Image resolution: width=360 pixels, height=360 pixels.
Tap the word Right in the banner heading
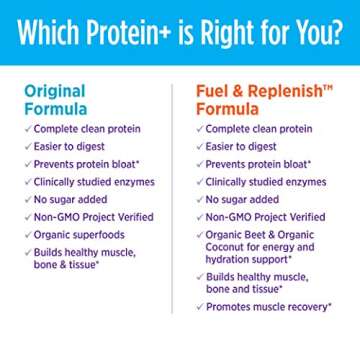pos(226,34)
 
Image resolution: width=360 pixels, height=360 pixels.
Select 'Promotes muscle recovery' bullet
pos(268,307)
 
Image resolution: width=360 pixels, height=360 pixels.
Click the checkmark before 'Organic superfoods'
pos(27,234)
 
